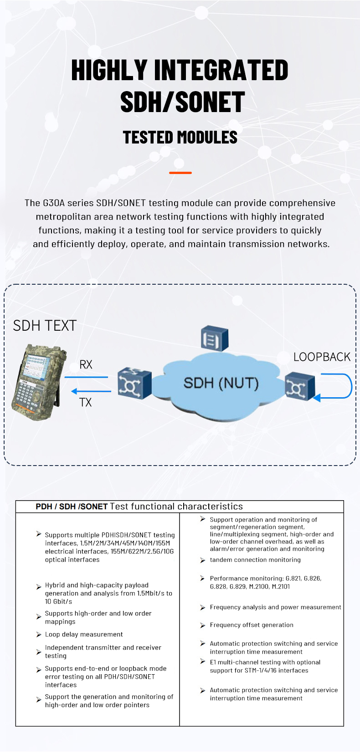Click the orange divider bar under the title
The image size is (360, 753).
tap(180, 173)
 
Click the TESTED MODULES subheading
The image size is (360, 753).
tap(180, 137)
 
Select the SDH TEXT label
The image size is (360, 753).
tap(45, 326)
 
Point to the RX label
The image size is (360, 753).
tap(86, 364)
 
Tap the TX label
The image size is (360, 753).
tap(86, 402)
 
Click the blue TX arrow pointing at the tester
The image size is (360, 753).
tap(91, 391)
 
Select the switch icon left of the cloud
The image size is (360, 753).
tap(134, 384)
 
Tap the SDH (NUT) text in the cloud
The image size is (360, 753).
tap(221, 383)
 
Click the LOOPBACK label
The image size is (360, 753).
tap(322, 357)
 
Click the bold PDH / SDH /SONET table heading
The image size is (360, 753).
tap(72, 507)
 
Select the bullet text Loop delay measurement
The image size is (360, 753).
tap(84, 635)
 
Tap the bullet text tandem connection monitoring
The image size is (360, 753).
tap(255, 560)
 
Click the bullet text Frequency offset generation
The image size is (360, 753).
tap(252, 625)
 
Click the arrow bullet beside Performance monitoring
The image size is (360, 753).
tap(203, 579)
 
